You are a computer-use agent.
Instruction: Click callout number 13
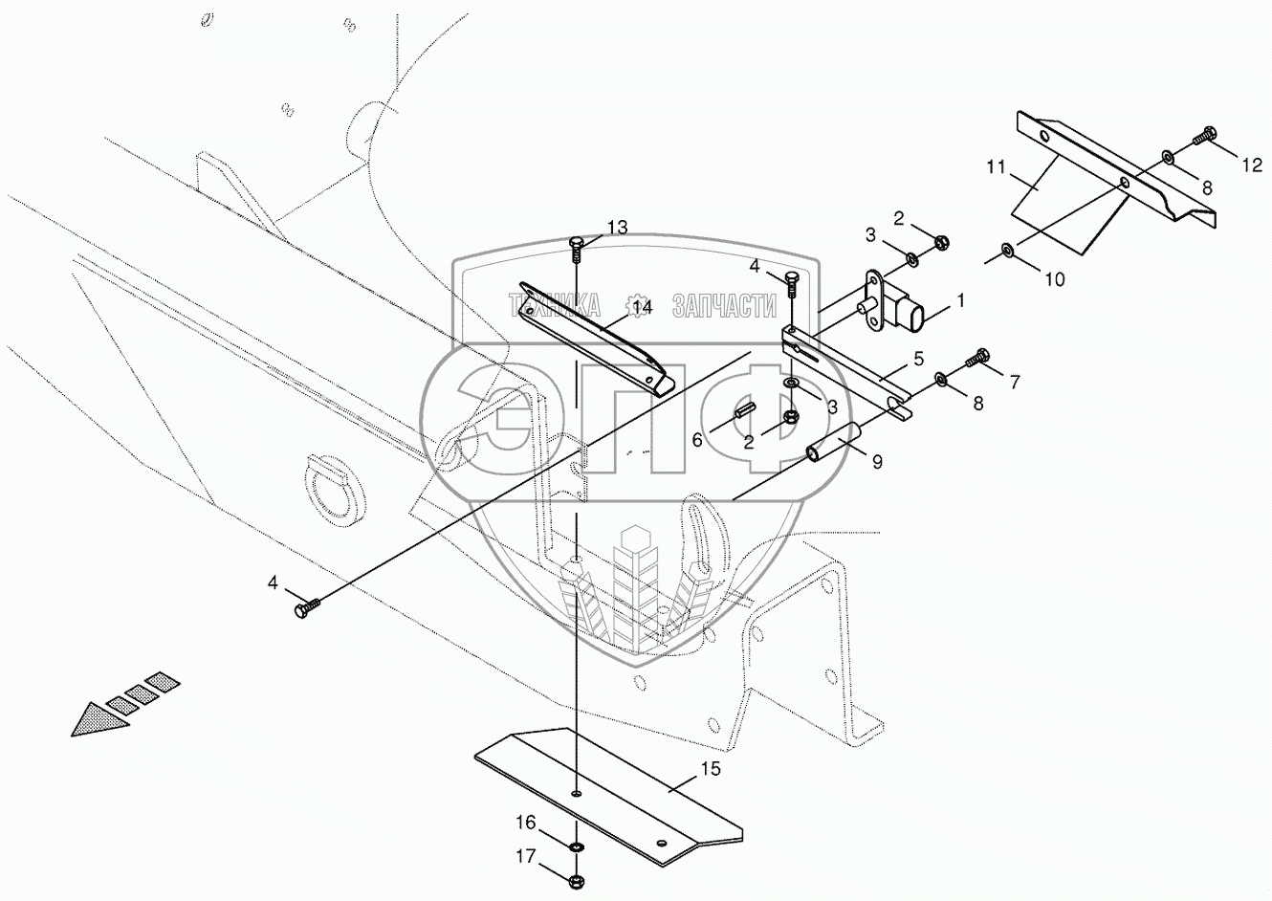click(x=617, y=227)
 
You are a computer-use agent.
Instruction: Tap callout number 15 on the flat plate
click(x=709, y=768)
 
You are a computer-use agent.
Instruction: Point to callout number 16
click(x=526, y=823)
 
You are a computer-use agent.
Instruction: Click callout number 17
click(x=526, y=857)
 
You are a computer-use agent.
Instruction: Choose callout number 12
click(x=1251, y=165)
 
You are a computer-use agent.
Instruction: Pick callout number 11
click(x=996, y=167)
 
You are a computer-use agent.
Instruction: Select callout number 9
click(x=876, y=461)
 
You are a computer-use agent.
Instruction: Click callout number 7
click(x=1014, y=382)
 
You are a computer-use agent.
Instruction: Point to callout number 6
click(x=697, y=439)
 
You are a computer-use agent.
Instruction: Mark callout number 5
click(x=917, y=359)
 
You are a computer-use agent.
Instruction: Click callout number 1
click(x=960, y=300)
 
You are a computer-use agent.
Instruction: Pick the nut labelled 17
click(x=577, y=879)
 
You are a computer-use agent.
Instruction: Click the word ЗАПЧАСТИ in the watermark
click(x=724, y=306)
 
